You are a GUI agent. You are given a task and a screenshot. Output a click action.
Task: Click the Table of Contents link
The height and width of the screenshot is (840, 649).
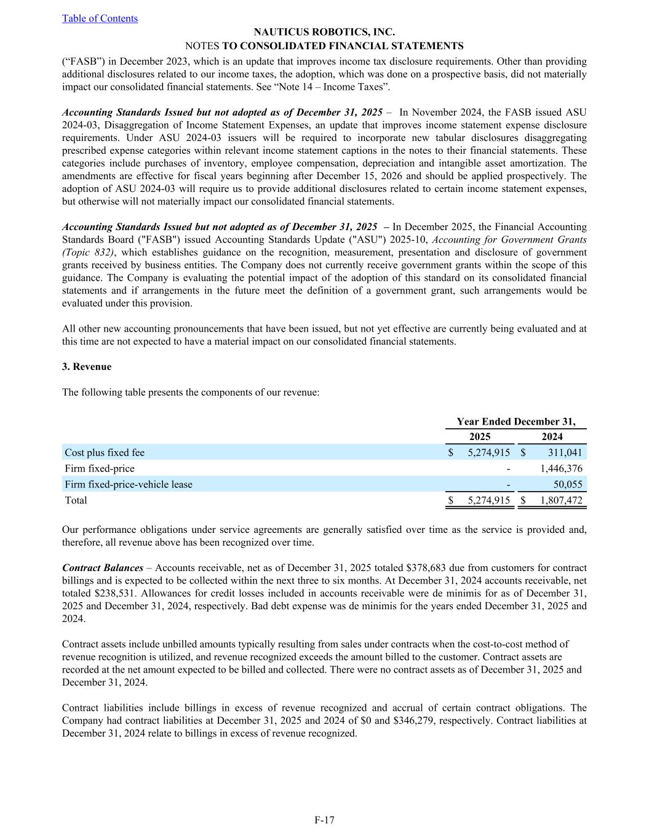pos(100,18)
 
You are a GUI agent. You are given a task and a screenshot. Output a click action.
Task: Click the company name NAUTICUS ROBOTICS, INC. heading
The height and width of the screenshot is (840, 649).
pos(324,32)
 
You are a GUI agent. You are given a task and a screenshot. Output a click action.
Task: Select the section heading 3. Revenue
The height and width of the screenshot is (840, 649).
pos(87,367)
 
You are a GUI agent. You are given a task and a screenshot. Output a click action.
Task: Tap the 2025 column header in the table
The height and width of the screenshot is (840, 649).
pos(480,437)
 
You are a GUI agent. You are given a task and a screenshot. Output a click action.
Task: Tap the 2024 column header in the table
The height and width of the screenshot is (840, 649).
pos(552,437)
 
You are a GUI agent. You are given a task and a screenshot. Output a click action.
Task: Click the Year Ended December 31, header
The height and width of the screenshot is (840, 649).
pos(516,422)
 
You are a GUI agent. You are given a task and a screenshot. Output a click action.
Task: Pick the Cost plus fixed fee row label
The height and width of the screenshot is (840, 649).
pos(105,453)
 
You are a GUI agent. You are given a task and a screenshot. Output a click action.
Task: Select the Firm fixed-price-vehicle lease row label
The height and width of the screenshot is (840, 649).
pos(129,485)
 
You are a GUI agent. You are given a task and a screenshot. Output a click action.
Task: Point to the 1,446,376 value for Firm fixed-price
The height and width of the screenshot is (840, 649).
pos(561,469)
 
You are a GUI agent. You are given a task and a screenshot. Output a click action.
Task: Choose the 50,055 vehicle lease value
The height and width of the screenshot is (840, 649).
pos(568,485)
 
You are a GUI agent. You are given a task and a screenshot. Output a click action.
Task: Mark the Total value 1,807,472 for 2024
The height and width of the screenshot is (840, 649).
pos(561,501)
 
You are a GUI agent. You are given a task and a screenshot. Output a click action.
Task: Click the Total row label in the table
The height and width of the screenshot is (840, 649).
pos(76,501)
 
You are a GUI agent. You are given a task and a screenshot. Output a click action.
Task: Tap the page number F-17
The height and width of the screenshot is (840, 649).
pos(324,820)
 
